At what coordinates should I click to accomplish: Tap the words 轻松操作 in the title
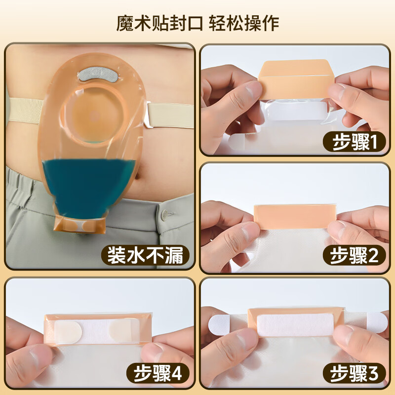tap(243, 23)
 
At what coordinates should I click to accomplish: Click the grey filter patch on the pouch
tap(97, 76)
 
